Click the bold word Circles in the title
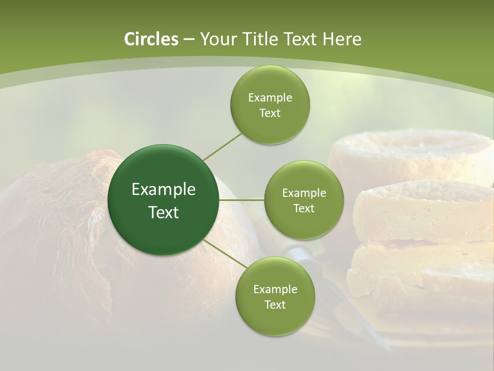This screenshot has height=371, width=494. pyautogui.click(x=151, y=39)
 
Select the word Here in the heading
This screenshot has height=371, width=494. pyautogui.click(x=343, y=39)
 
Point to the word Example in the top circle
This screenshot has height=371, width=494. pyautogui.click(x=270, y=98)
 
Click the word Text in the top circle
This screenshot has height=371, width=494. pyautogui.click(x=270, y=113)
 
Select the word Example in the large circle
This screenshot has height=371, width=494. pyautogui.click(x=164, y=190)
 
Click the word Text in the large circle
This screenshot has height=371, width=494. pyautogui.click(x=164, y=212)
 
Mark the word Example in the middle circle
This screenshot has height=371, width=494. pyautogui.click(x=304, y=193)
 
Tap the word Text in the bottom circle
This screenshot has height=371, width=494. pyautogui.click(x=275, y=305)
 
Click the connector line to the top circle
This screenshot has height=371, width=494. pyautogui.click(x=222, y=147)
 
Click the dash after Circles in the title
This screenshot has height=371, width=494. pyautogui.click(x=188, y=40)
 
